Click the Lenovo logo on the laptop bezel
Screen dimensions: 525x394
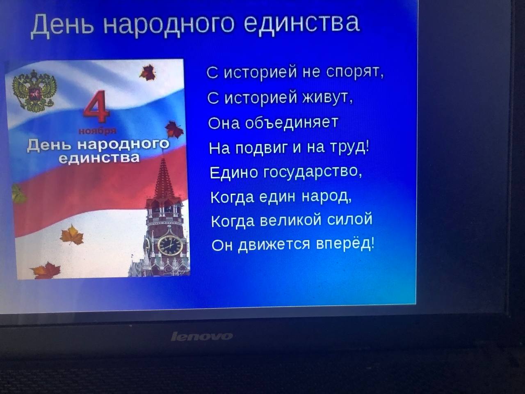tap(202, 337)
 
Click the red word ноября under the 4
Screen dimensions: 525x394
tap(97, 131)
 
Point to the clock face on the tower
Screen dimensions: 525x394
tap(170, 245)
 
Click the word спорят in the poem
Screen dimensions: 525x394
tap(355, 71)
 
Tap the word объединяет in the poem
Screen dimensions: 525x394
tap(292, 122)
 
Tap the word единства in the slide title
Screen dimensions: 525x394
tap(302, 23)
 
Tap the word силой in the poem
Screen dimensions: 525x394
tap(350, 219)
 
